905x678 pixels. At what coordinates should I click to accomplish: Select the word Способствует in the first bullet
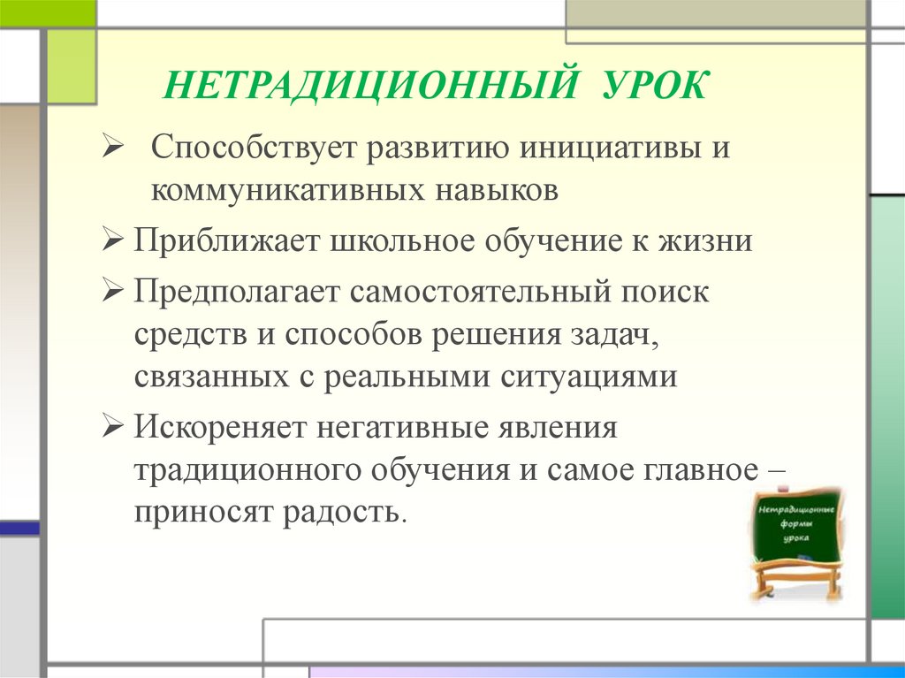[247, 149]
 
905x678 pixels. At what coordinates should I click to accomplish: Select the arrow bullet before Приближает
[112, 241]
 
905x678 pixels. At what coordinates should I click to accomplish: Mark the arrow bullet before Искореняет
[112, 428]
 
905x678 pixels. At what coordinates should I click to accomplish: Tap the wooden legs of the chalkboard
[795, 583]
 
